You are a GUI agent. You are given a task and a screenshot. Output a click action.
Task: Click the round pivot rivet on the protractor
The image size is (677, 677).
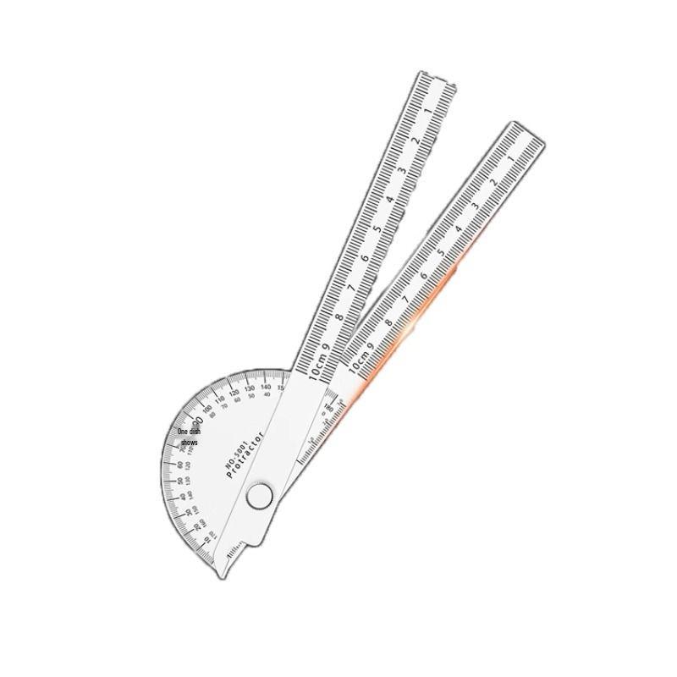(259, 497)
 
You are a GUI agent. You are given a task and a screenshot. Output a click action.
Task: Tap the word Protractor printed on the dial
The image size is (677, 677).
(246, 456)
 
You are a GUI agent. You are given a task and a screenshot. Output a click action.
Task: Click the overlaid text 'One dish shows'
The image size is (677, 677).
(188, 438)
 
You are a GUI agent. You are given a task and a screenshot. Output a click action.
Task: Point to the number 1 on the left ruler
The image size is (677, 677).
(438, 110)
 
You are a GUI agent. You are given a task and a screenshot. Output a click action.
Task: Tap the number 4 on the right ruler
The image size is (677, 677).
(458, 229)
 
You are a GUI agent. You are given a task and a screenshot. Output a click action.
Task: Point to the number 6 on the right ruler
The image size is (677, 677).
(423, 276)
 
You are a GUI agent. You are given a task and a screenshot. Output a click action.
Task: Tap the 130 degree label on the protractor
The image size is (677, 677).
(249, 389)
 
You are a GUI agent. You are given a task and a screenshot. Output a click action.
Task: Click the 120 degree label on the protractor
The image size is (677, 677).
(234, 394)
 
